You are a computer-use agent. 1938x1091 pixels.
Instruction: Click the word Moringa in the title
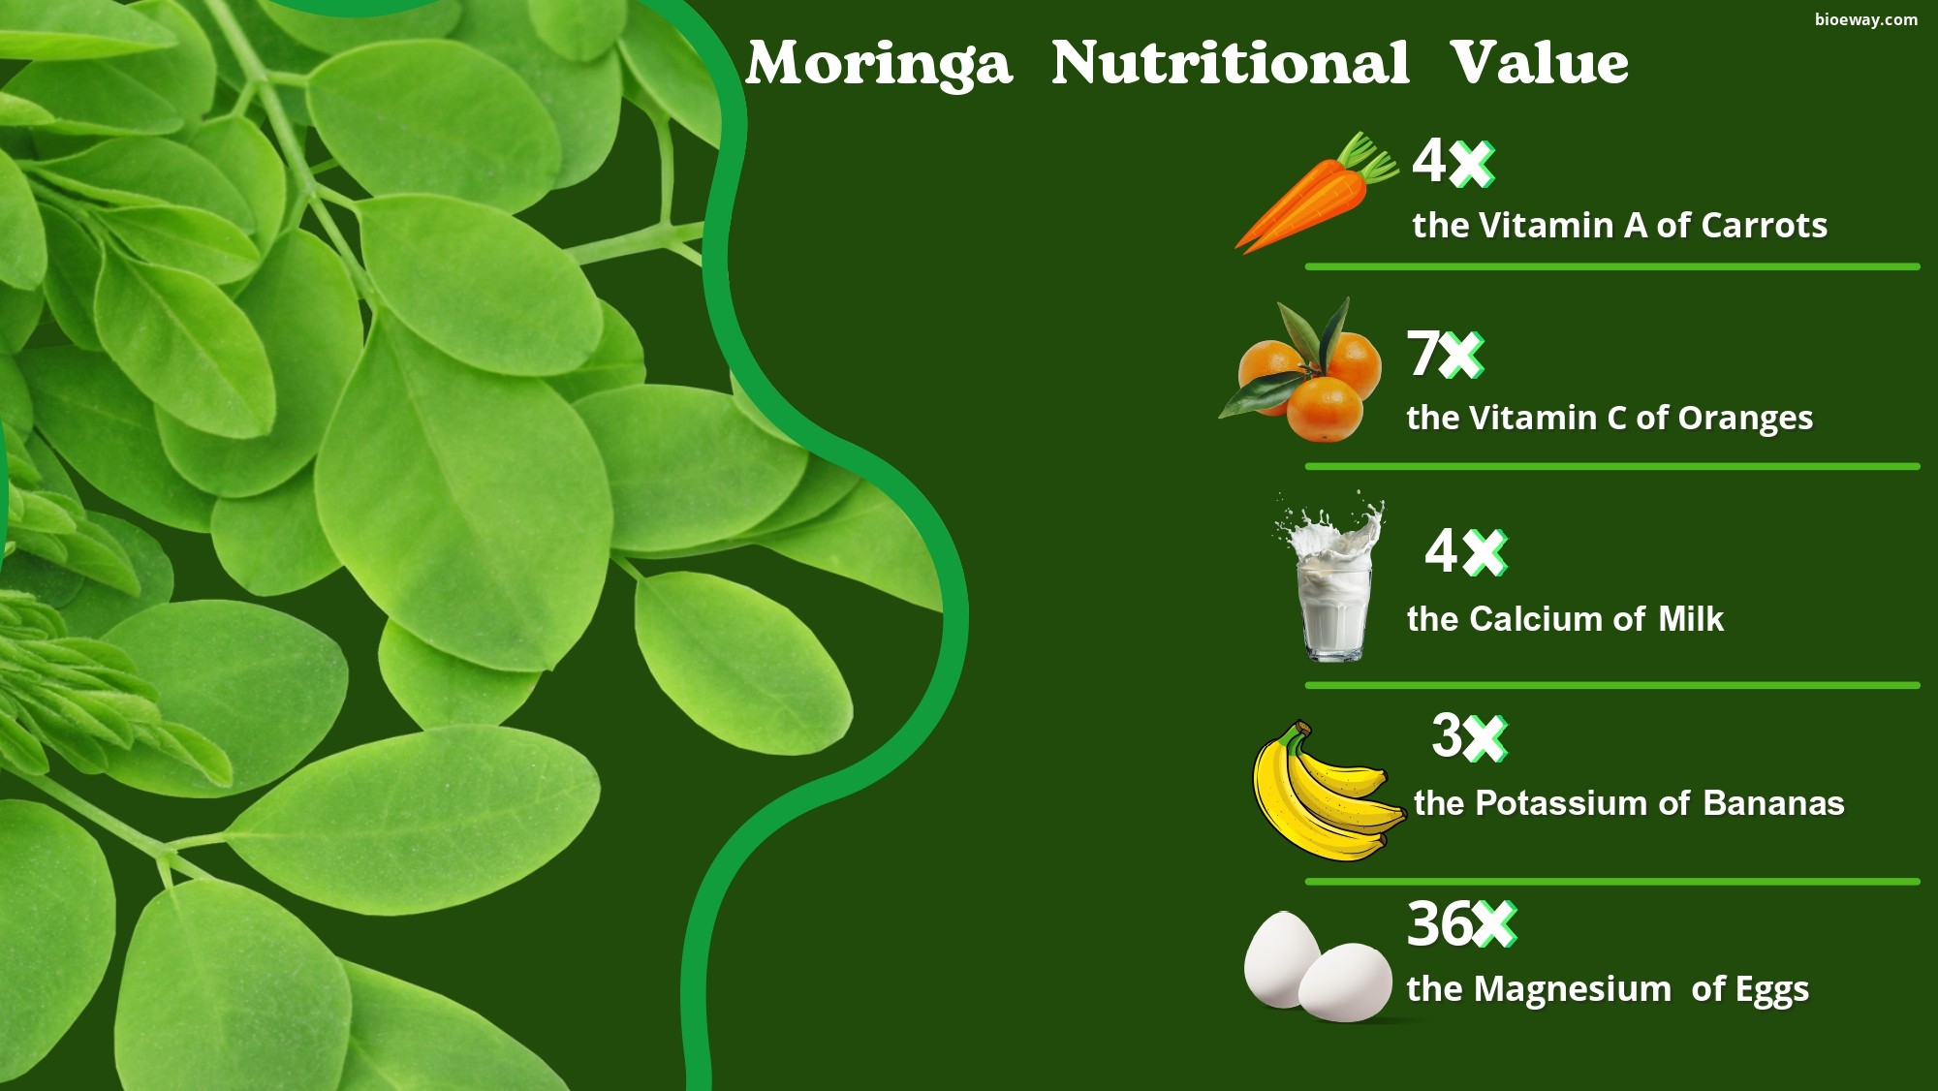[x=879, y=65]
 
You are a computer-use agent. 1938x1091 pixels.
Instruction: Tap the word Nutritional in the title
[x=1231, y=63]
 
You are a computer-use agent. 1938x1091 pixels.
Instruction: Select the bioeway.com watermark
[x=1866, y=19]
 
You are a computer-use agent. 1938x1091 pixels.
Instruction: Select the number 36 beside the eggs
[x=1440, y=924]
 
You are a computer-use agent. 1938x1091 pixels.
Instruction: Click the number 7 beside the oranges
[x=1423, y=354]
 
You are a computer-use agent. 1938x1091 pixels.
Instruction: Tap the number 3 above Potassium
[x=1447, y=736]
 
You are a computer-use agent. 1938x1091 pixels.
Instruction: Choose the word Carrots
[x=1765, y=226]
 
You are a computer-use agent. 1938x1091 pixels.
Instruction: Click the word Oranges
[x=1745, y=419]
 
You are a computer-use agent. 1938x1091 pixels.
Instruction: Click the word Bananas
[x=1773, y=803]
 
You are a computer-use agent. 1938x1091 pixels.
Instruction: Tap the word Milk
[x=1691, y=619]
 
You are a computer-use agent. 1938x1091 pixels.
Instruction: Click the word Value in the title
[x=1540, y=63]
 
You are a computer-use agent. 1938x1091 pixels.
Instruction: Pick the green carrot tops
[x=1366, y=158]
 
